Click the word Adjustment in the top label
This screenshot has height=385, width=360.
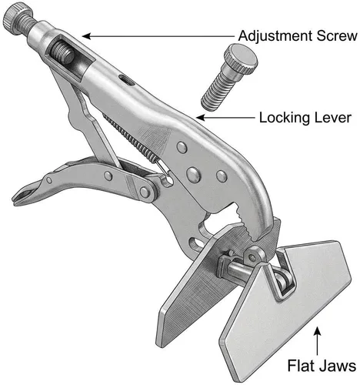275,36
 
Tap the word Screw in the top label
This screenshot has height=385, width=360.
337,35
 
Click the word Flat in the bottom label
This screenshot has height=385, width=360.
299,365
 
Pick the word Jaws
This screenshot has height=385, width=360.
335,366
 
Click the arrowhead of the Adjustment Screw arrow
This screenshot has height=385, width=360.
87,36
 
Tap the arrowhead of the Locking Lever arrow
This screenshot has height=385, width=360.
201,118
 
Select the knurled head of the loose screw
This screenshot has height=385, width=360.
240,58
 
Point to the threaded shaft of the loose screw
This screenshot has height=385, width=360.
217,89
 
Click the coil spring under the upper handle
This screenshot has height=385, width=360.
130,137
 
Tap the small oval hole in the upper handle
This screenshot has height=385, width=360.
125,81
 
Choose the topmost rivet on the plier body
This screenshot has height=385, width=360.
182,147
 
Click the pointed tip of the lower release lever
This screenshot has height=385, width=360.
14,201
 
